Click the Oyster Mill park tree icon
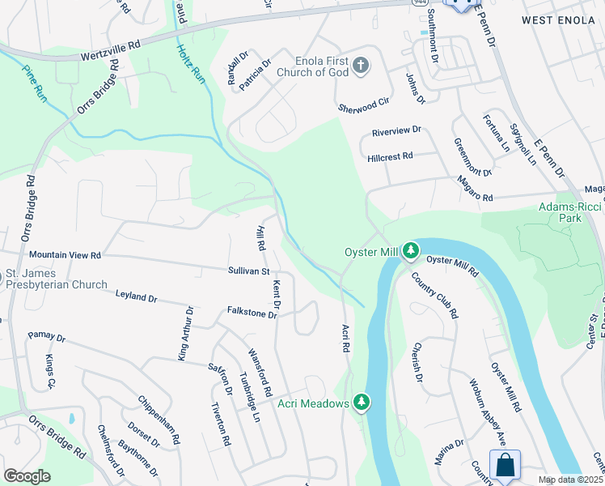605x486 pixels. [411, 251]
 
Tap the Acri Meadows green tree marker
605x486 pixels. [362, 402]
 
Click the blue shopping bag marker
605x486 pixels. [505, 465]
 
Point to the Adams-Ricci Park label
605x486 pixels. [570, 213]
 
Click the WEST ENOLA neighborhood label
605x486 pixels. [561, 19]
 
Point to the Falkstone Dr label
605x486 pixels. [252, 313]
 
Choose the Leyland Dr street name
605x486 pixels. [136, 297]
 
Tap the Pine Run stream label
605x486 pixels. [34, 83]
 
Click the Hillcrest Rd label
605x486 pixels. [390, 156]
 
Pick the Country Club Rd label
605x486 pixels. [435, 295]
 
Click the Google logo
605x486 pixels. [27, 476]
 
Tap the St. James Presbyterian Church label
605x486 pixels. [55, 279]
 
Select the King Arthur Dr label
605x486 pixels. [184, 333]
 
